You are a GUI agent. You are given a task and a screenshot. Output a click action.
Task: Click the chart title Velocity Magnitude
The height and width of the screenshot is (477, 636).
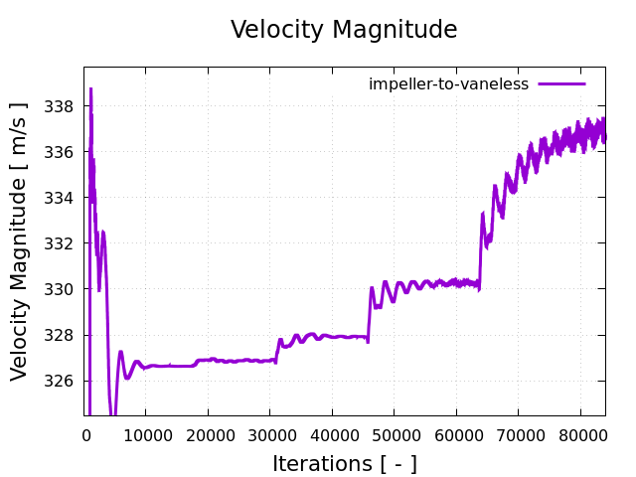pyautogui.click(x=344, y=30)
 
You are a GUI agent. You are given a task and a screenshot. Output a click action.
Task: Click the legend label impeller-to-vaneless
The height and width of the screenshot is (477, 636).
pyautogui.click(x=448, y=84)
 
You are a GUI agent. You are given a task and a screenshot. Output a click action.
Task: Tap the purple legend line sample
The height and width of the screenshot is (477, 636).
pyautogui.click(x=562, y=84)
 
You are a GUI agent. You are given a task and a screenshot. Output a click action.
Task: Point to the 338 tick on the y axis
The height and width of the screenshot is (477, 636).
pyautogui.click(x=62, y=106)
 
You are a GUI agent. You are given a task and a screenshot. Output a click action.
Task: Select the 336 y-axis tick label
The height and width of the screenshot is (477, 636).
pyautogui.click(x=62, y=152)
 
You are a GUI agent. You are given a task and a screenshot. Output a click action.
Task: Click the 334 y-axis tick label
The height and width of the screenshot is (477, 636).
pyautogui.click(x=62, y=198)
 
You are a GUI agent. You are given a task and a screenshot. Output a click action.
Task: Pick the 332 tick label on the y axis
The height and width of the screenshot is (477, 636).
pyautogui.click(x=62, y=243)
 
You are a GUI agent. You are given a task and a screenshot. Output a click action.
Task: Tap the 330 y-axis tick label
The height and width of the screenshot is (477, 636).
pyautogui.click(x=62, y=289)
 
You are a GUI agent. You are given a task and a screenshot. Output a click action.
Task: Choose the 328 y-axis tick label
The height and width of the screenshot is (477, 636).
pyautogui.click(x=62, y=335)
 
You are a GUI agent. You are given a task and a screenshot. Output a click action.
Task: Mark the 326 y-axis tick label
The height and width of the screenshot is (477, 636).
pyautogui.click(x=62, y=381)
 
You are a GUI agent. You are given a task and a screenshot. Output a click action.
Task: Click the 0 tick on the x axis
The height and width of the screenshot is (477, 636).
pyautogui.click(x=86, y=433)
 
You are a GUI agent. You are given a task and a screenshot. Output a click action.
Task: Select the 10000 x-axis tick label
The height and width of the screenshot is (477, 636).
pyautogui.click(x=145, y=433)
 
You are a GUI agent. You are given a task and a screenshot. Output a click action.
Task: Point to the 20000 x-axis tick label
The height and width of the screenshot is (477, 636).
pyautogui.click(x=207, y=433)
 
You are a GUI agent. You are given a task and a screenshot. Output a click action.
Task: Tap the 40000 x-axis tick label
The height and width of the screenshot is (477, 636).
pyautogui.click(x=331, y=433)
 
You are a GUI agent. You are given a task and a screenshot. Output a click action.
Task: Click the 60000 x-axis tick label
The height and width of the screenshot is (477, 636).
pyautogui.click(x=456, y=433)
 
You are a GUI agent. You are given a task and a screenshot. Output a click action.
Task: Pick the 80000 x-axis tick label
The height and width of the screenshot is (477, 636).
pyautogui.click(x=580, y=433)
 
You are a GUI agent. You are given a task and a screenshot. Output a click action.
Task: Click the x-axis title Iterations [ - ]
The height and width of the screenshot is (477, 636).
pyautogui.click(x=344, y=464)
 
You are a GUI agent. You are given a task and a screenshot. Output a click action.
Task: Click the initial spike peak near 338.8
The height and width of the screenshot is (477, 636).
pyautogui.click(x=90, y=89)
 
